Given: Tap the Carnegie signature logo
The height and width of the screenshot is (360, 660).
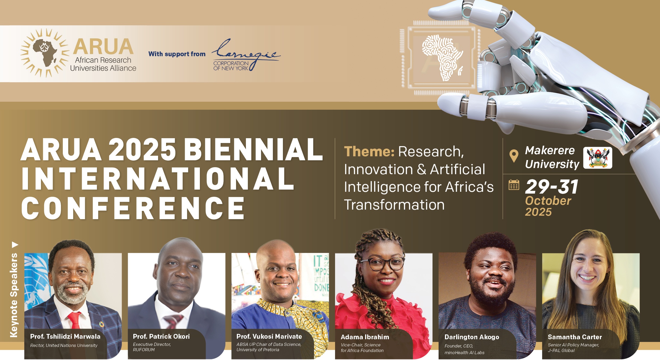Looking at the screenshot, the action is (x=246, y=55).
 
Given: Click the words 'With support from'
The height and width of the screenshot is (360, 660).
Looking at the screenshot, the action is (x=177, y=54).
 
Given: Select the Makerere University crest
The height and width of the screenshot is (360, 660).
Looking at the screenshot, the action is (x=597, y=158).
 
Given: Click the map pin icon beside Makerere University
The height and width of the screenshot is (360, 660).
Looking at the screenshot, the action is (x=514, y=156).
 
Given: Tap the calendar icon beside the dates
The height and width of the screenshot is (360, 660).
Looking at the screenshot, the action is (x=514, y=185).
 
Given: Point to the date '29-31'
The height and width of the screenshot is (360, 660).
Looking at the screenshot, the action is (x=552, y=187).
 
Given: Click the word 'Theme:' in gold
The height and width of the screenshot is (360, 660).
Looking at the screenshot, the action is (x=369, y=152).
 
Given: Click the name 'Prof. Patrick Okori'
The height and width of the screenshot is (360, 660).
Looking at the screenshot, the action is (x=161, y=337).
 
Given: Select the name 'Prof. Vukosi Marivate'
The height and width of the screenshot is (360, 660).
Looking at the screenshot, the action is (x=269, y=337).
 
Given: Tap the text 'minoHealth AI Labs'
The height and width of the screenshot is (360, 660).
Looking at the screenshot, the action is (x=464, y=353).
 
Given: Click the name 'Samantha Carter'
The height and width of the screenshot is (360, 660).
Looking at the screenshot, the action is (x=575, y=337).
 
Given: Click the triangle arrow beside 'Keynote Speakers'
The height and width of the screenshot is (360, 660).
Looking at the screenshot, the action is (x=15, y=245).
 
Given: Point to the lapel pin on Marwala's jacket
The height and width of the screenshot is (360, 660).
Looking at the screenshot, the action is (x=101, y=324).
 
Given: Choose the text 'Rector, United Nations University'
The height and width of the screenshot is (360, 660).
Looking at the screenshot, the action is (x=64, y=345).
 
